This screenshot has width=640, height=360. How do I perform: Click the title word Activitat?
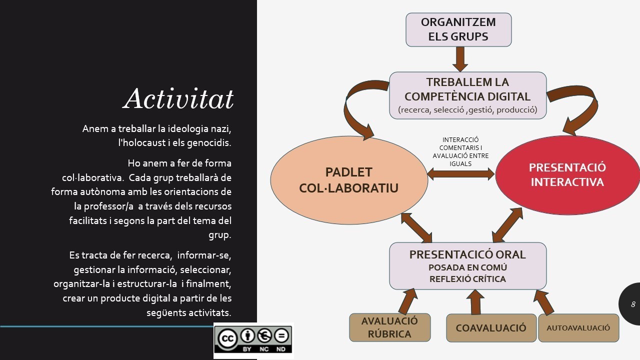coord(178,98)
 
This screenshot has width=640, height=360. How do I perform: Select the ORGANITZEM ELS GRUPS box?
coord(458,29)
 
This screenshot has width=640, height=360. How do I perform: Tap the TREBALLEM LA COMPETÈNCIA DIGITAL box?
coord(467,95)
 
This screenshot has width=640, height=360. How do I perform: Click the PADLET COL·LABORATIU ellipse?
coord(348,179)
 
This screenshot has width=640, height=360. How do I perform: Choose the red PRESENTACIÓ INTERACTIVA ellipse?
coord(567,174)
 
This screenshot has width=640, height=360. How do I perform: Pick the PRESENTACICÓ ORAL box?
coord(467,265)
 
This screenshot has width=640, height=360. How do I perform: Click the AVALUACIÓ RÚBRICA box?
coord(389,327)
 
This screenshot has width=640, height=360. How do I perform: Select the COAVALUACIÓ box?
coord(491,328)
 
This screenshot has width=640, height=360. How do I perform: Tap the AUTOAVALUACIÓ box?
coord(578,328)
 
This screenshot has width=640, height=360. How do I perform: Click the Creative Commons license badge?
coord(253,340)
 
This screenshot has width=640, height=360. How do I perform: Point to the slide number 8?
coord(633,304)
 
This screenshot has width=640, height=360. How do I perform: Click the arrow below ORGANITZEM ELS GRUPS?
coord(459,59)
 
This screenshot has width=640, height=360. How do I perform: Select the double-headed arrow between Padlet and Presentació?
coord(461,174)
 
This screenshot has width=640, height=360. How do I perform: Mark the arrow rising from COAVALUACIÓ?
coord(474,301)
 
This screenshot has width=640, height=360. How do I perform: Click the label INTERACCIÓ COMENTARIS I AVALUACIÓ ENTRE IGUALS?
coord(460,151)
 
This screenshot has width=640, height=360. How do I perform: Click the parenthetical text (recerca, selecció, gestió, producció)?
coord(467,110)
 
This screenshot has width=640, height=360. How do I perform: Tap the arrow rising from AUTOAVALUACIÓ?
coord(543,302)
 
